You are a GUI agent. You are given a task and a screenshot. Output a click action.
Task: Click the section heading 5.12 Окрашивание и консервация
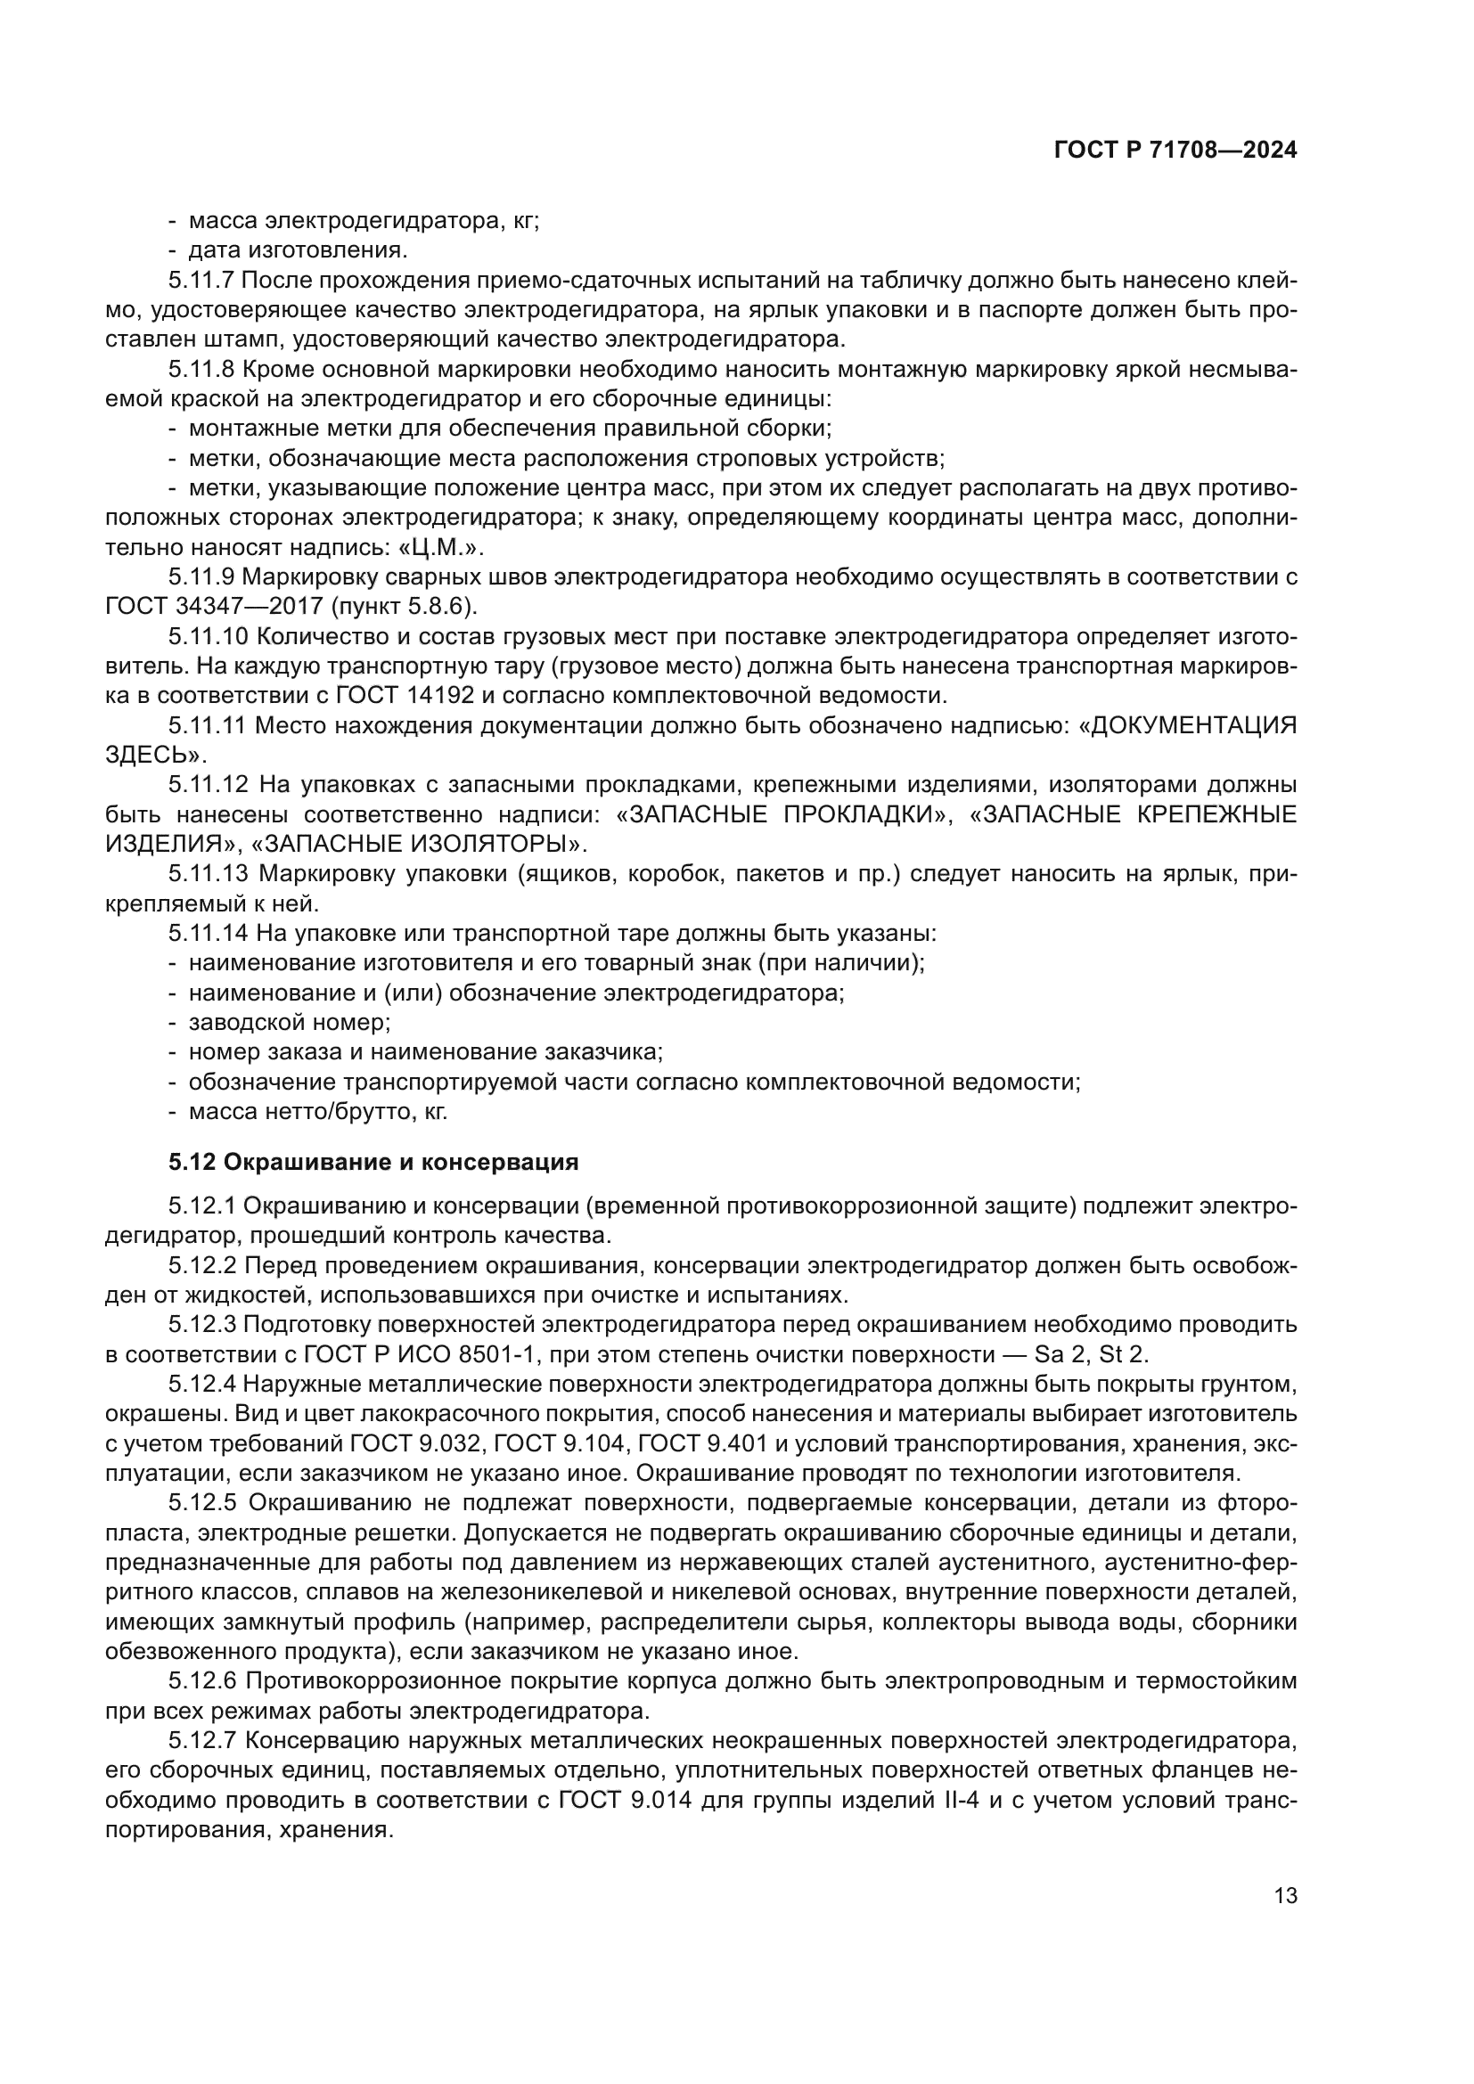pyautogui.click(x=373, y=1162)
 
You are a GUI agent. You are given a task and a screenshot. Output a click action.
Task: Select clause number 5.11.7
pyautogui.click(x=201, y=281)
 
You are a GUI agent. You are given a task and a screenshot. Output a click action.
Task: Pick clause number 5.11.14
pyautogui.click(x=208, y=933)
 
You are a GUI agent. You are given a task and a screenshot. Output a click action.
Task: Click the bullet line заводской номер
pyautogui.click(x=289, y=1022)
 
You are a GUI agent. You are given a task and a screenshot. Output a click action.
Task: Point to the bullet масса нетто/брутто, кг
pyautogui.click(x=317, y=1111)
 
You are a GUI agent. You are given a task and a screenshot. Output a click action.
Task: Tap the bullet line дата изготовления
pyautogui.click(x=298, y=250)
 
